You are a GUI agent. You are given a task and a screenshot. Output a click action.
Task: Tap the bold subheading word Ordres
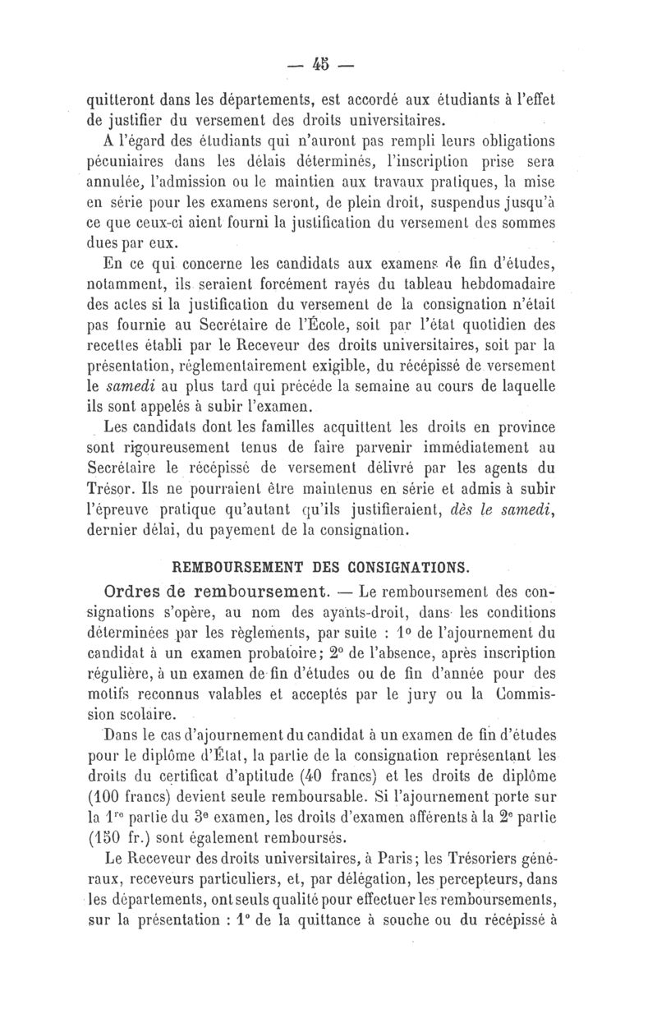click(x=131, y=592)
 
